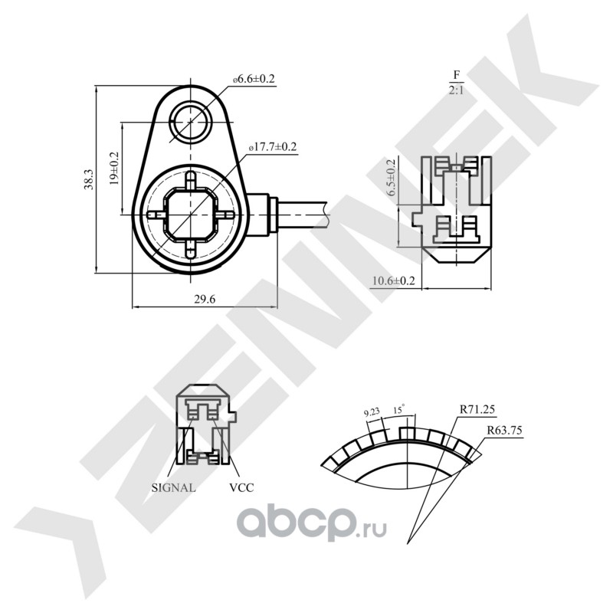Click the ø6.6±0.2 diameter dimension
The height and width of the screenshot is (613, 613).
click(254, 80)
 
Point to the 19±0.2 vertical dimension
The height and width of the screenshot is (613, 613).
click(114, 168)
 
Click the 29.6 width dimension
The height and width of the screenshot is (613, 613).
click(203, 300)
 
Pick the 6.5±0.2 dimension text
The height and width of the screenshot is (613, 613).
click(392, 179)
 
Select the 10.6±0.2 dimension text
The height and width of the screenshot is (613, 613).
click(393, 281)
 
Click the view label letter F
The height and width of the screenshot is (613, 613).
click(456, 75)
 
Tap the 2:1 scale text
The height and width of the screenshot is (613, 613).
click(456, 90)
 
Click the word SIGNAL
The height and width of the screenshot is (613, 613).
click(173, 487)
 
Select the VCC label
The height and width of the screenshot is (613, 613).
click(241, 487)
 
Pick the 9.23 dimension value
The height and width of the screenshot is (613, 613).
click(372, 412)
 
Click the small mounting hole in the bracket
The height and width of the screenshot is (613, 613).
click(189, 121)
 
